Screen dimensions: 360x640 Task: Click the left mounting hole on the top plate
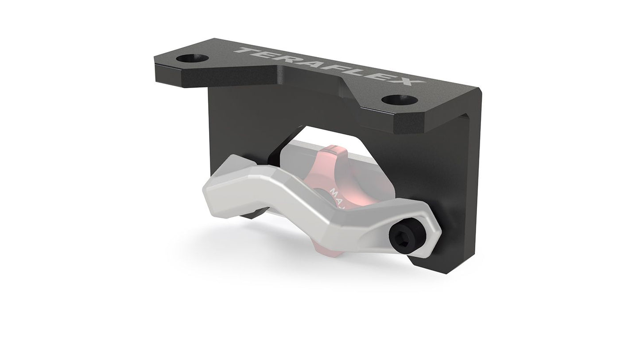192,58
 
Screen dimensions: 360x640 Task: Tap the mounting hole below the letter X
400,100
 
